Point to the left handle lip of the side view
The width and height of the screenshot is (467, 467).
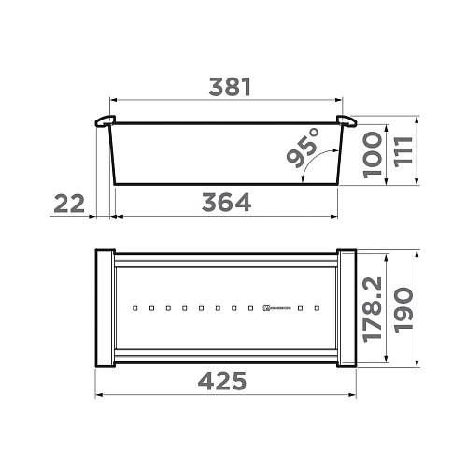106,120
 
